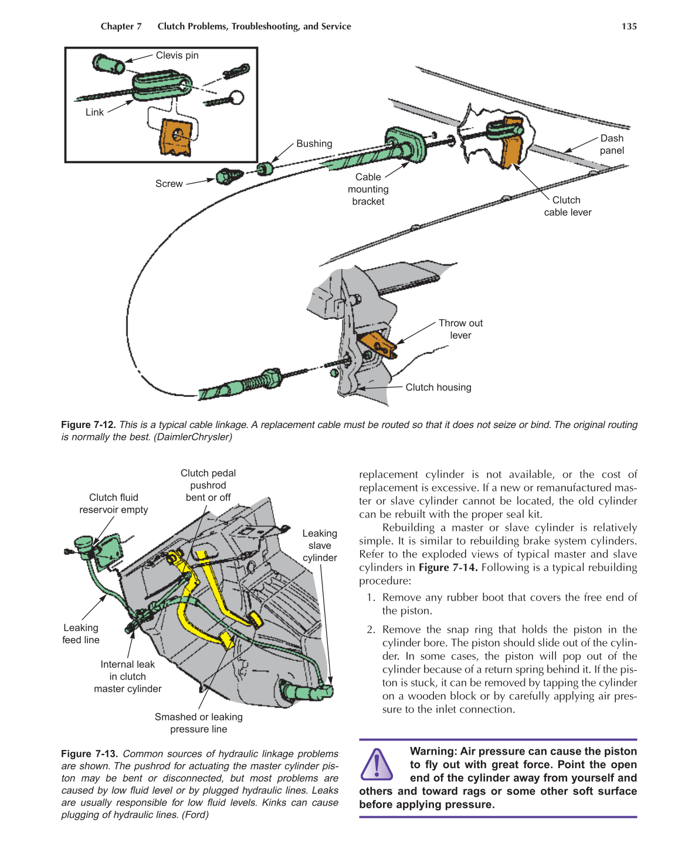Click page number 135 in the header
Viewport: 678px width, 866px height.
(629, 26)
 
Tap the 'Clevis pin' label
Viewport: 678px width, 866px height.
(177, 56)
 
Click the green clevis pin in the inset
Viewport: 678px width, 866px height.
(108, 63)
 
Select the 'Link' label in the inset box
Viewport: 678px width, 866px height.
(94, 113)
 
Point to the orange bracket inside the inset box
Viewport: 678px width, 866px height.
(175, 137)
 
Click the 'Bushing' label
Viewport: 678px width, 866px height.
(314, 144)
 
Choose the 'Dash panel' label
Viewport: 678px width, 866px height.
(611, 144)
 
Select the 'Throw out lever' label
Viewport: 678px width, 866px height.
(460, 329)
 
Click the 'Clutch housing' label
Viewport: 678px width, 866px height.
(438, 388)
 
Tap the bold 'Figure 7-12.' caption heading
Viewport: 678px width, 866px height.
(89, 424)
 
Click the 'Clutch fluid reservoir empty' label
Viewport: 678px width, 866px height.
(114, 504)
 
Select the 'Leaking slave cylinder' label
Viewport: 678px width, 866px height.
(320, 545)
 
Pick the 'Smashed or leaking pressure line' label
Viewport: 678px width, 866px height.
(198, 723)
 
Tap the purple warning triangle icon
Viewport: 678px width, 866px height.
(377, 765)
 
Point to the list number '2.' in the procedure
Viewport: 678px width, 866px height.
(371, 630)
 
